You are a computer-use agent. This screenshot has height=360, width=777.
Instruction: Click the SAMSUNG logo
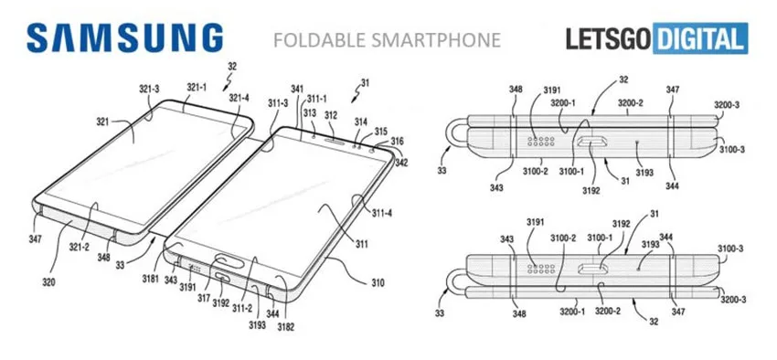pos(125,38)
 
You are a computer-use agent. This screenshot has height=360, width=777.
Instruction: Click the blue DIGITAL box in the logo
pos(700,38)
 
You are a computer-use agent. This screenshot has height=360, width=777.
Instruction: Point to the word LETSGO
pos(609,38)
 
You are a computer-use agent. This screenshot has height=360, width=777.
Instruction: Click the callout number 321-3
pos(149,90)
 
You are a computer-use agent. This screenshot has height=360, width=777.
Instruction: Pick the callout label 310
pos(378,283)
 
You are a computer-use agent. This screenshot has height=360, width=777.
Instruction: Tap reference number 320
pos(48,282)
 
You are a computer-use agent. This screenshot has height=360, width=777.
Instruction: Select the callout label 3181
pos(150,279)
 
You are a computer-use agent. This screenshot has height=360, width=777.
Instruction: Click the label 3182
pos(286,326)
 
